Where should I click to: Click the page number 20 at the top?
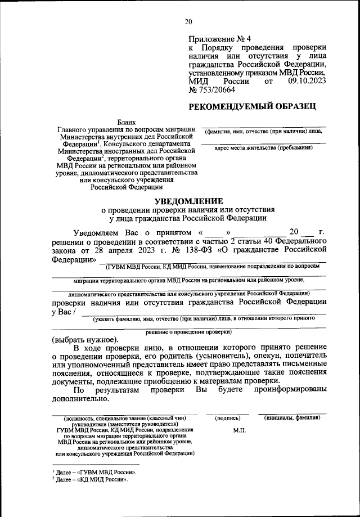pos(188,22)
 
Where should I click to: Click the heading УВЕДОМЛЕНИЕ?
pos(188,201)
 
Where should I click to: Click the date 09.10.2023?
pos(307,82)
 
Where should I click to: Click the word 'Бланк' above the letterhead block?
pos(127,122)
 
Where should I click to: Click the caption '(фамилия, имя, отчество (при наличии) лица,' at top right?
pos(264,131)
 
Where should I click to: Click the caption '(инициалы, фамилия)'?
pos(292,418)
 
